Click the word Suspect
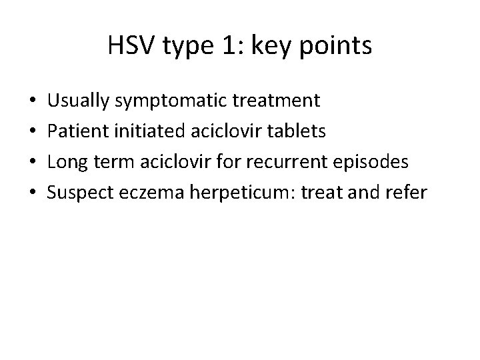pos(78,192)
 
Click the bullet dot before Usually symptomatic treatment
pos(33,102)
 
